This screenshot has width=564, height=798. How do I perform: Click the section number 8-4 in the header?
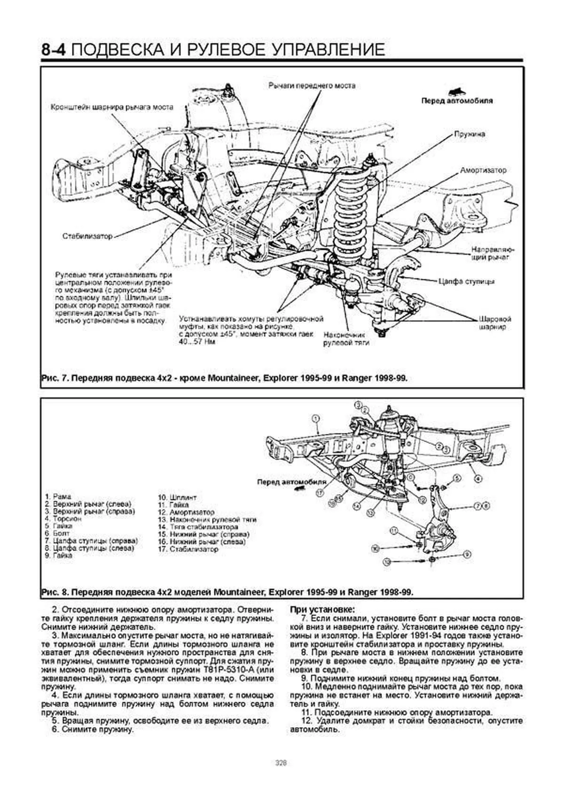55,49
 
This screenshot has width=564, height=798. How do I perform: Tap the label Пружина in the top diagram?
469,134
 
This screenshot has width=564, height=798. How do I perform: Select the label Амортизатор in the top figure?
483,170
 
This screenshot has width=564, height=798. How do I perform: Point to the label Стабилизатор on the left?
87,236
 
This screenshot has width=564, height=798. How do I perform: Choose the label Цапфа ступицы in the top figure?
466,282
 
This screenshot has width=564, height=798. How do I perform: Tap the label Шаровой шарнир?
495,322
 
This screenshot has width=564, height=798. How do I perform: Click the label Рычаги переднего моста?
312,86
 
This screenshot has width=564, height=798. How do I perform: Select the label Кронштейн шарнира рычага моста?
111,107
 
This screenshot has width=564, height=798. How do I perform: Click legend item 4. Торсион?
63,519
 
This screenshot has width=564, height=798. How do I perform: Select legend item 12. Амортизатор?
186,512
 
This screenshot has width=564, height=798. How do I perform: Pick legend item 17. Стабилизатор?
188,548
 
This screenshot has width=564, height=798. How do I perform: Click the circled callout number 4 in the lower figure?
478,479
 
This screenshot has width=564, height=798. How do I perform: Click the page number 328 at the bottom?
281,763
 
